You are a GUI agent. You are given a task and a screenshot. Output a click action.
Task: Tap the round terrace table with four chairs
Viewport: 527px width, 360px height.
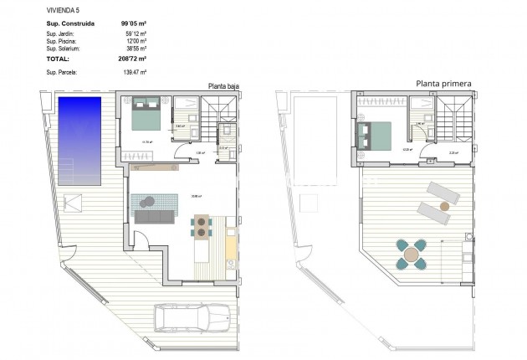(412, 255)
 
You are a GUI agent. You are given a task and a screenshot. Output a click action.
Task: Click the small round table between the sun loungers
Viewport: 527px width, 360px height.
(445, 204)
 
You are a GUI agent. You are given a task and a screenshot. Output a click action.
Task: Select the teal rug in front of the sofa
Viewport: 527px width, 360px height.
(154, 201)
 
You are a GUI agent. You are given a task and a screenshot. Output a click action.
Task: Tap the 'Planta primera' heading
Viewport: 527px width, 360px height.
(444, 84)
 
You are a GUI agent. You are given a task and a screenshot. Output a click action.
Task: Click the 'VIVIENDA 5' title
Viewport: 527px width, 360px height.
(64, 8)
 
